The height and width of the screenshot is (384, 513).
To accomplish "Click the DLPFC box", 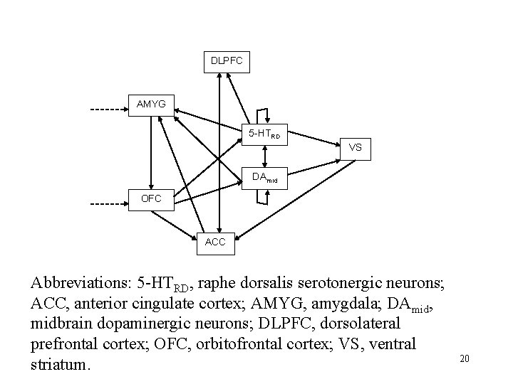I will [227, 62].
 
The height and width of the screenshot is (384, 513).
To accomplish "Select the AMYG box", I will [151, 105].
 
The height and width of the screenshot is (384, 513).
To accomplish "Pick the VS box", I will [355, 148].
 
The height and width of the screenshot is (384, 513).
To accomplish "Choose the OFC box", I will [151, 198].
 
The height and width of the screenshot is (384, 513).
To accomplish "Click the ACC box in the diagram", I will [215, 242].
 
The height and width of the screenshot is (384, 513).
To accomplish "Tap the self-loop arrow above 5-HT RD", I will [264, 114].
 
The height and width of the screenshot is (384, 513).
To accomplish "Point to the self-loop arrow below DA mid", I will [264, 197].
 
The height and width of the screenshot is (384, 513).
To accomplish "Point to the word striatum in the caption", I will [60, 365].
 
